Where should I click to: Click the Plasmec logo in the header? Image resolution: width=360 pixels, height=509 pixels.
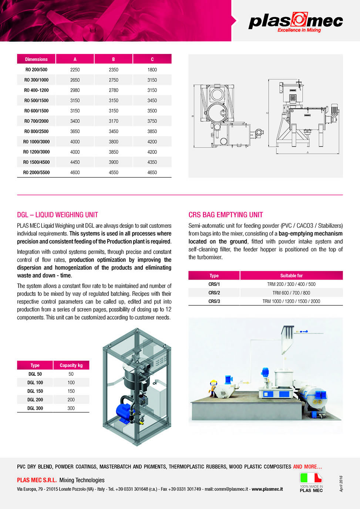point(296,22)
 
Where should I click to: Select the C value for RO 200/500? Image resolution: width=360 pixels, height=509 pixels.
point(152,70)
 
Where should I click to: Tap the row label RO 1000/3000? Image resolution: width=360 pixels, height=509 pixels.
point(36,142)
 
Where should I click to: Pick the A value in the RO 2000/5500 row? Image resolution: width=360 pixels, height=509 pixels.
point(75,172)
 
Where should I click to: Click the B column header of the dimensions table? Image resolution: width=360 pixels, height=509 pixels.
point(114,59)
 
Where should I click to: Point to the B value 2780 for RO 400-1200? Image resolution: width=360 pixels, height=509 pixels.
point(114,90)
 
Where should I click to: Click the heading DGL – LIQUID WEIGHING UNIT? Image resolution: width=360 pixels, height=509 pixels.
point(57,215)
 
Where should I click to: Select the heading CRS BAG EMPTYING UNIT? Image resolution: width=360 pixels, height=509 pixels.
point(226,215)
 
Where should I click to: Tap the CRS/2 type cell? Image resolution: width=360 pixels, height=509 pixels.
point(214,293)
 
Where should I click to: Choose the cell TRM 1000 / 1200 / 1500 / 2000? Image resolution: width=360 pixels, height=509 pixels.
point(291,301)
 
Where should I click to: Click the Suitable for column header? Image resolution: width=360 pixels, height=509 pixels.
point(291,276)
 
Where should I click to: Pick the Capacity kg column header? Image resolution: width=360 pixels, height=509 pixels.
point(71,365)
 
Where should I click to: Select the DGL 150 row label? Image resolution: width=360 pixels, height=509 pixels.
point(35,391)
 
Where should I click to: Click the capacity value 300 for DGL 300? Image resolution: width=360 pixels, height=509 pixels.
point(71,408)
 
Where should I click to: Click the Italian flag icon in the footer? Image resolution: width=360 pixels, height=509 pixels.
point(311,478)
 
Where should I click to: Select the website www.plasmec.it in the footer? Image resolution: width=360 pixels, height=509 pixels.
point(267,489)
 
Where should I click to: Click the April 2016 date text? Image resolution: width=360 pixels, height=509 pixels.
point(341,484)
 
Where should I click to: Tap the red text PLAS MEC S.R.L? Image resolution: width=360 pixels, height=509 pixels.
point(37,480)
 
